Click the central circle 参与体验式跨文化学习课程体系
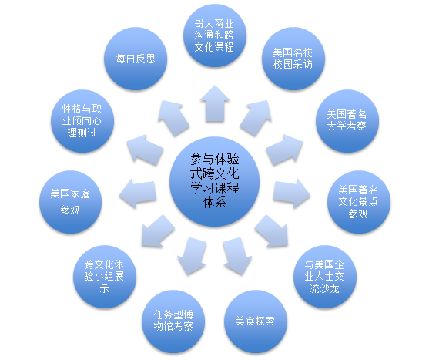click(214, 181)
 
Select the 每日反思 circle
click(136, 59)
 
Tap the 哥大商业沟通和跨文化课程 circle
click(215, 35)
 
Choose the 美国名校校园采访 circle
click(293, 59)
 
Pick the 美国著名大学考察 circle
click(347, 121)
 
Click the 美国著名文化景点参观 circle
click(359, 202)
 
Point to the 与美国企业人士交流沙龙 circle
click(325, 277)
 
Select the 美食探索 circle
click(256, 321)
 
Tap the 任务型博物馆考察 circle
click(173, 321)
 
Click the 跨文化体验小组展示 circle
click(105, 277)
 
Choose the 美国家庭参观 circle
click(71, 202)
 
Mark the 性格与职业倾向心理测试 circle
click(82, 121)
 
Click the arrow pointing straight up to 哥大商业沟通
click(215, 103)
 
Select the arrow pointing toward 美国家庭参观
click(138, 193)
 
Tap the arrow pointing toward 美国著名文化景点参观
click(292, 193)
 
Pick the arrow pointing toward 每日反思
click(173, 118)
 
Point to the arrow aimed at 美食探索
click(237, 256)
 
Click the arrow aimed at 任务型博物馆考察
click(192, 256)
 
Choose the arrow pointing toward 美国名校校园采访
click(256, 118)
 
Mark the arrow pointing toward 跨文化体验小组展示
click(158, 231)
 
